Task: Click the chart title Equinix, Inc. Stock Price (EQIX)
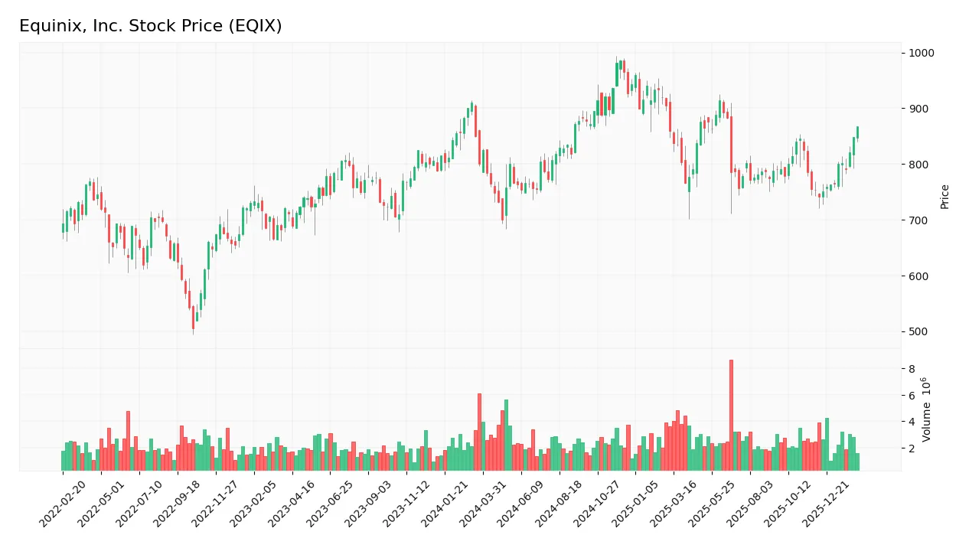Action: (150, 26)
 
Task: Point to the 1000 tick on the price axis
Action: (920, 53)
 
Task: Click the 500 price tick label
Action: (918, 331)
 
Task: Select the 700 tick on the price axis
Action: (918, 220)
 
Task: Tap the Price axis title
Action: (945, 197)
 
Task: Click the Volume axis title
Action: (926, 409)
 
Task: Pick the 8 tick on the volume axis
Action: (912, 369)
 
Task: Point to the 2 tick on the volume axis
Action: (912, 449)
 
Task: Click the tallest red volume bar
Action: (731, 415)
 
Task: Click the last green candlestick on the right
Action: (857, 132)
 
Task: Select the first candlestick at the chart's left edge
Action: (63, 227)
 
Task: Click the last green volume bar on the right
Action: (857, 462)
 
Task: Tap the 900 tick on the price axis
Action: (918, 109)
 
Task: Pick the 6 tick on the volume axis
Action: (912, 396)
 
